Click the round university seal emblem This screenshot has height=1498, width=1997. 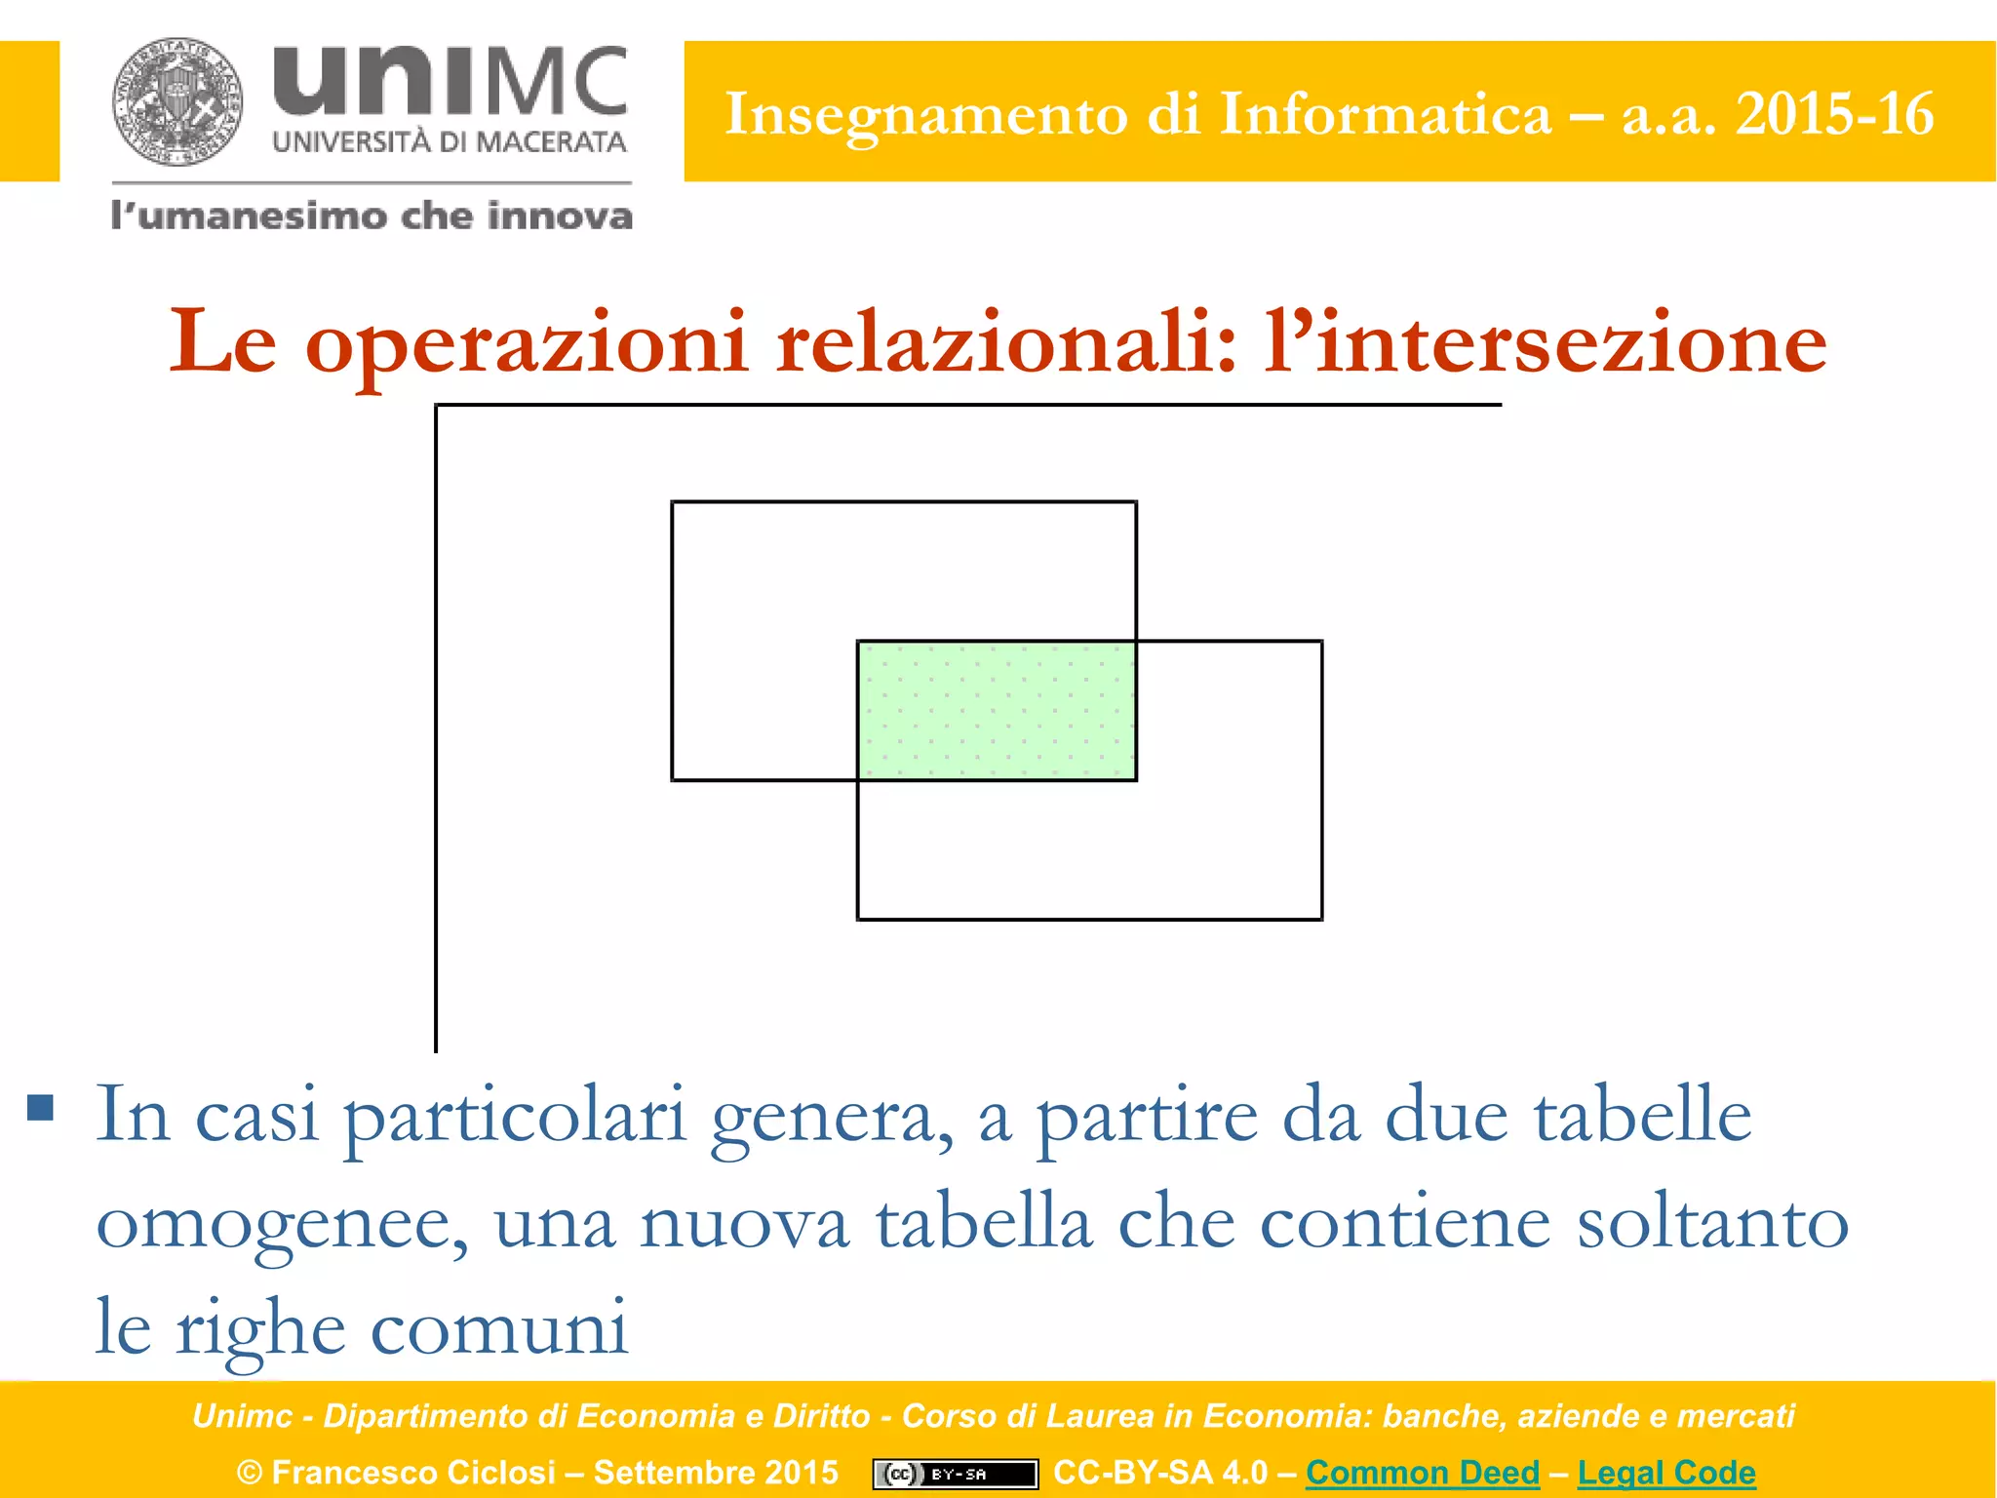(x=177, y=101)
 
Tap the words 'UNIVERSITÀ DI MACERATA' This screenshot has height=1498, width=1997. (x=450, y=142)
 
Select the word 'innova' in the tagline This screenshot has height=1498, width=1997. (x=560, y=216)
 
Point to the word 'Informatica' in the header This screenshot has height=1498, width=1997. (x=1385, y=114)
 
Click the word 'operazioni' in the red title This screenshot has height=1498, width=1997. (x=527, y=343)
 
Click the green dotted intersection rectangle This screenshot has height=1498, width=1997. (x=997, y=710)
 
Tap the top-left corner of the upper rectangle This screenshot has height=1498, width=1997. (x=673, y=503)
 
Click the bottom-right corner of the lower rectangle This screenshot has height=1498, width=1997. (x=1321, y=918)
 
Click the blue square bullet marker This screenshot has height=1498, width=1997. (x=40, y=1107)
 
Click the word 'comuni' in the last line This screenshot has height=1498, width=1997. (x=499, y=1328)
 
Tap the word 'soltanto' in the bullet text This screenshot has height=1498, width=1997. (x=1712, y=1223)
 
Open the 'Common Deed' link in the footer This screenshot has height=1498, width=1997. (x=1422, y=1472)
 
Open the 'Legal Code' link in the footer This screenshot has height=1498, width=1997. (x=1665, y=1472)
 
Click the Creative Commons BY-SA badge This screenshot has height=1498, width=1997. (x=955, y=1474)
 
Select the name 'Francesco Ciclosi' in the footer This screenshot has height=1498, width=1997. (x=413, y=1472)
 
